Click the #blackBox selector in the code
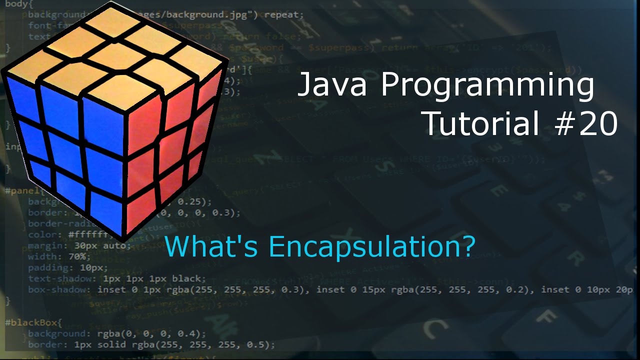click(x=33, y=322)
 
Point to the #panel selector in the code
click(x=23, y=190)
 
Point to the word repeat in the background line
click(x=283, y=14)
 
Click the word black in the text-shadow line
click(x=185, y=278)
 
